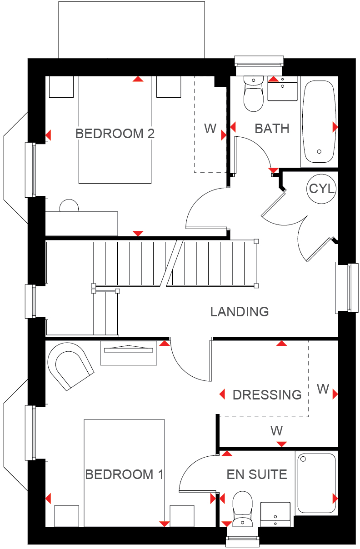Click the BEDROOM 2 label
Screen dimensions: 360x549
(115, 134)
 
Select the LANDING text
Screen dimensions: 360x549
(240, 312)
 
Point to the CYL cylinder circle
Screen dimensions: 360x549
(321, 189)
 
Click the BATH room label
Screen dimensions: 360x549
(272, 129)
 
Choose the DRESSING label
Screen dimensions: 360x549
(267, 395)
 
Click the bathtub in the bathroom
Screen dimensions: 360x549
(319, 121)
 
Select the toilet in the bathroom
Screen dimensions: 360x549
(253, 94)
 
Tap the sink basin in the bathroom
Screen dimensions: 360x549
(282, 89)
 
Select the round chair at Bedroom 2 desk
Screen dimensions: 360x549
(69, 205)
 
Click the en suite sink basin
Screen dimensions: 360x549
(275, 514)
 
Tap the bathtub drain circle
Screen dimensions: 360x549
(319, 151)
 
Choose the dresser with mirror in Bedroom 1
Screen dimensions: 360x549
(129, 353)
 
